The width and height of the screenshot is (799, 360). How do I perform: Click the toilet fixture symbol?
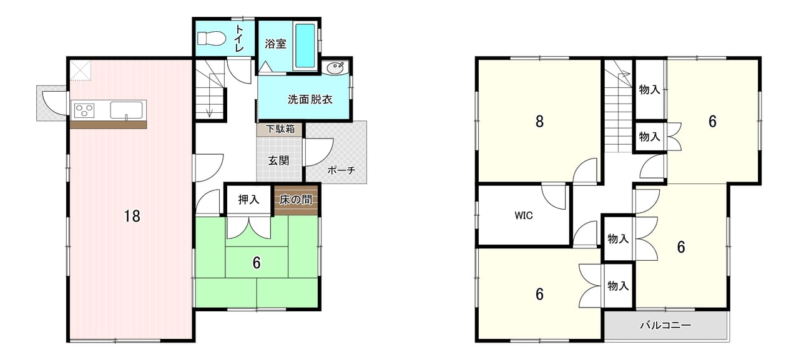[x=211, y=38]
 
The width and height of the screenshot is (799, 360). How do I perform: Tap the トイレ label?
[x=239, y=39]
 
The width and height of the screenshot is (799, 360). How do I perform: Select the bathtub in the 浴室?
[x=305, y=46]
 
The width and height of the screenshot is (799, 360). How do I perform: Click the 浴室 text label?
[x=275, y=44]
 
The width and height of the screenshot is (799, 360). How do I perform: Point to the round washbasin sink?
[x=335, y=67]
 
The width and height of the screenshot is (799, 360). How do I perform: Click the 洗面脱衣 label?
[x=310, y=99]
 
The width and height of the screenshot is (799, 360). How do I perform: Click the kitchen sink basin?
[x=126, y=110]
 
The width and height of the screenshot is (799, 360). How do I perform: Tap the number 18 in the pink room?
[x=132, y=216]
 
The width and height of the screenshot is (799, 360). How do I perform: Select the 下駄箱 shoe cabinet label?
[x=280, y=129]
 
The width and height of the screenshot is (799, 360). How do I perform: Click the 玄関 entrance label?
[x=278, y=161]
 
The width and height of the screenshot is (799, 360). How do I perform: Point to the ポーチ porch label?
[x=341, y=170]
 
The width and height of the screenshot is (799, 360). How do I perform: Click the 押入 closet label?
[x=248, y=200]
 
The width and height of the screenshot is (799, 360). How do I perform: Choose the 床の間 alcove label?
[x=296, y=200]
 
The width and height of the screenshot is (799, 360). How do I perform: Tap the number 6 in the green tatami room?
[x=257, y=263]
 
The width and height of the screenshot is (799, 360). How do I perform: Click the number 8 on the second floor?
[x=539, y=121]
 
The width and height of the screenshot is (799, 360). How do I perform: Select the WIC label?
[x=524, y=215]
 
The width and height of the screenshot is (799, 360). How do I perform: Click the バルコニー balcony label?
[x=665, y=325]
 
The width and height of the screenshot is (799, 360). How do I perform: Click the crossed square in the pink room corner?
[x=81, y=71]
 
